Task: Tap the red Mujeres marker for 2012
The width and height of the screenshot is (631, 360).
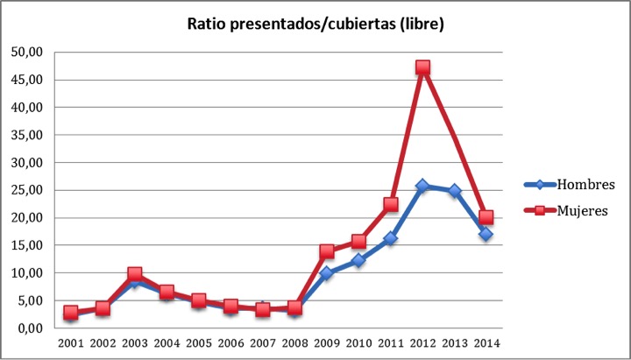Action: [422, 67]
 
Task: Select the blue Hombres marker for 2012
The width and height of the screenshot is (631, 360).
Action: [422, 186]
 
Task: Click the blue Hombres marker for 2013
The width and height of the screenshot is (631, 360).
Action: [454, 191]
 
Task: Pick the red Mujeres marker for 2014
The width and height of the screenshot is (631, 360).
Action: [486, 217]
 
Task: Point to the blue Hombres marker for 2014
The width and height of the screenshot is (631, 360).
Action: [486, 234]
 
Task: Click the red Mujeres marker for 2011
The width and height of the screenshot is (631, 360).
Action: [391, 204]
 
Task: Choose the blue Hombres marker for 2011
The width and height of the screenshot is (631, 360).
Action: [391, 238]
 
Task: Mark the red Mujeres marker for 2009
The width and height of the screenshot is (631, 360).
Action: [327, 251]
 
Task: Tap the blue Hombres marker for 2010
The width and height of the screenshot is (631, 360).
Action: [358, 260]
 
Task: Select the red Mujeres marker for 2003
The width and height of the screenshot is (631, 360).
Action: [135, 274]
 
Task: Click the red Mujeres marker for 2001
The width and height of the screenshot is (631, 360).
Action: [71, 313]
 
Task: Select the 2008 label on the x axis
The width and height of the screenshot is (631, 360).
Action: [294, 342]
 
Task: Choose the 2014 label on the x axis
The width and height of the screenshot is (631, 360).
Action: [486, 342]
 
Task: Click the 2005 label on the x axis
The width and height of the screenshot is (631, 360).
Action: [199, 342]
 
